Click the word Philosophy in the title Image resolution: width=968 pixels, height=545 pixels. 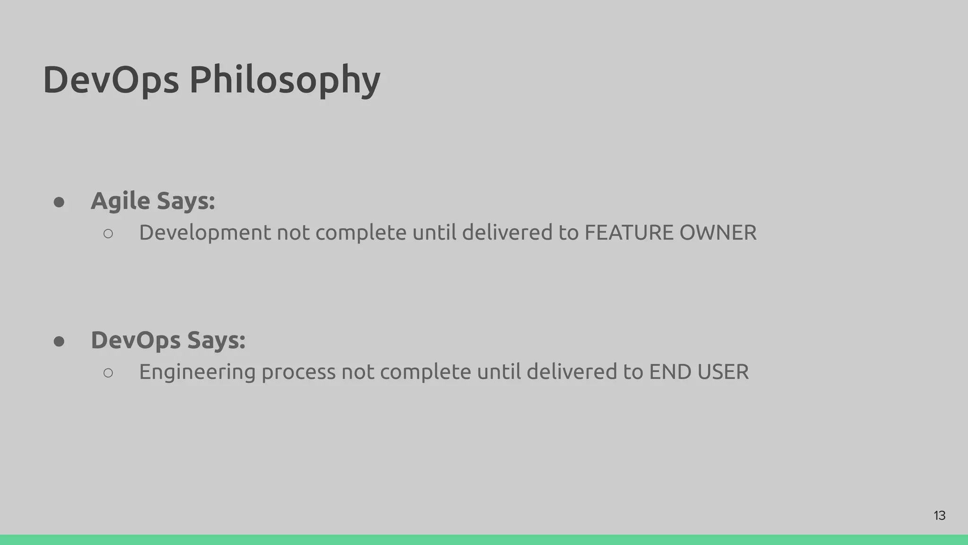(285, 80)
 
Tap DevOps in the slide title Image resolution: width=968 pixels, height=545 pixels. (111, 80)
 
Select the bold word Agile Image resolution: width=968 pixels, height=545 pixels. (121, 201)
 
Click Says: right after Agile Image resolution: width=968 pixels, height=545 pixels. (186, 201)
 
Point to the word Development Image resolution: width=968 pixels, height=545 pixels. (205, 233)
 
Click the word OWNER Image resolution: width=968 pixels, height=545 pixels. (717, 233)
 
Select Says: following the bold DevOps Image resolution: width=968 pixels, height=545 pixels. (216, 340)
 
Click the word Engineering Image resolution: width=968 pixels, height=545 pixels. (197, 372)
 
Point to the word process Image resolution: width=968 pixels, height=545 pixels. (298, 372)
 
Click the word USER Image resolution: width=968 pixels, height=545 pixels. (723, 372)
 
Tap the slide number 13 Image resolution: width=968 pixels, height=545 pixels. (940, 516)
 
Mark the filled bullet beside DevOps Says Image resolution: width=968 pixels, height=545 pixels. (59, 342)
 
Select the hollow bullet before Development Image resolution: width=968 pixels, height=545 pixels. (108, 234)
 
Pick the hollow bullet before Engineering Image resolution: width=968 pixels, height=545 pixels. (108, 373)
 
